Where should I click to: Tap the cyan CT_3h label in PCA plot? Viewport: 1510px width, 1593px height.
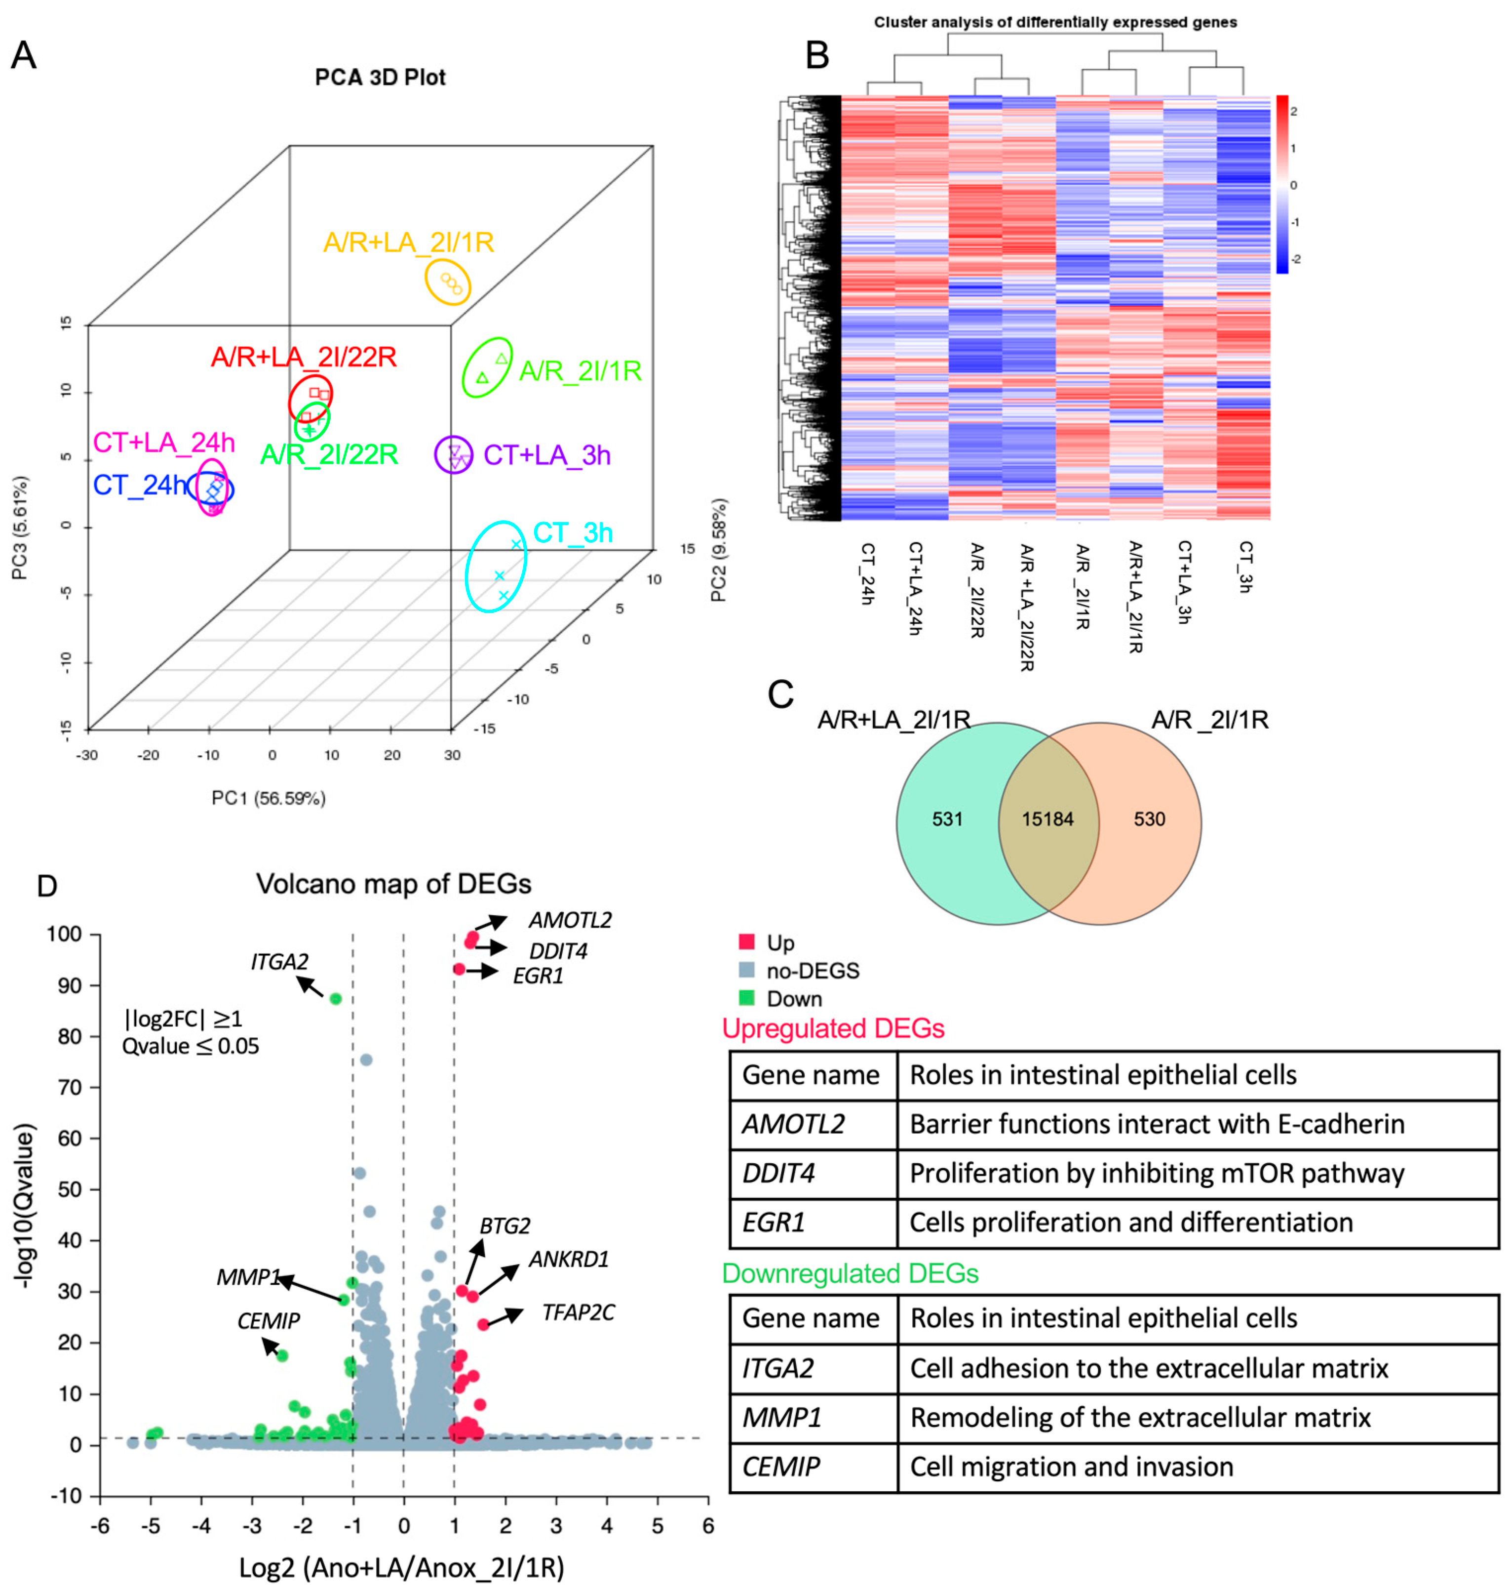573,533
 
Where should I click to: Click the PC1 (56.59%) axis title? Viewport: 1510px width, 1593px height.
268,798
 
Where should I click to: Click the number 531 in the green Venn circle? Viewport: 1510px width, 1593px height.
947,819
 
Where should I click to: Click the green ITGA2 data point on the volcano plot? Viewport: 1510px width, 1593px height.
336,999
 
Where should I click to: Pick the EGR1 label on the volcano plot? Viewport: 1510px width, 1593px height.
538,976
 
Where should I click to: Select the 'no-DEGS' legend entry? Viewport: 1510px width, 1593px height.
812,971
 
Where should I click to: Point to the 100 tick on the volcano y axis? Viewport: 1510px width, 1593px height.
64,934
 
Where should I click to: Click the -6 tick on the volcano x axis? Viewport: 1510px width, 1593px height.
100,1526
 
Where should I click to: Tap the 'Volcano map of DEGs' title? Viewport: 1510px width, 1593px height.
393,884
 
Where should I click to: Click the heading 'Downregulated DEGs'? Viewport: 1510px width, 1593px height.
850,1273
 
